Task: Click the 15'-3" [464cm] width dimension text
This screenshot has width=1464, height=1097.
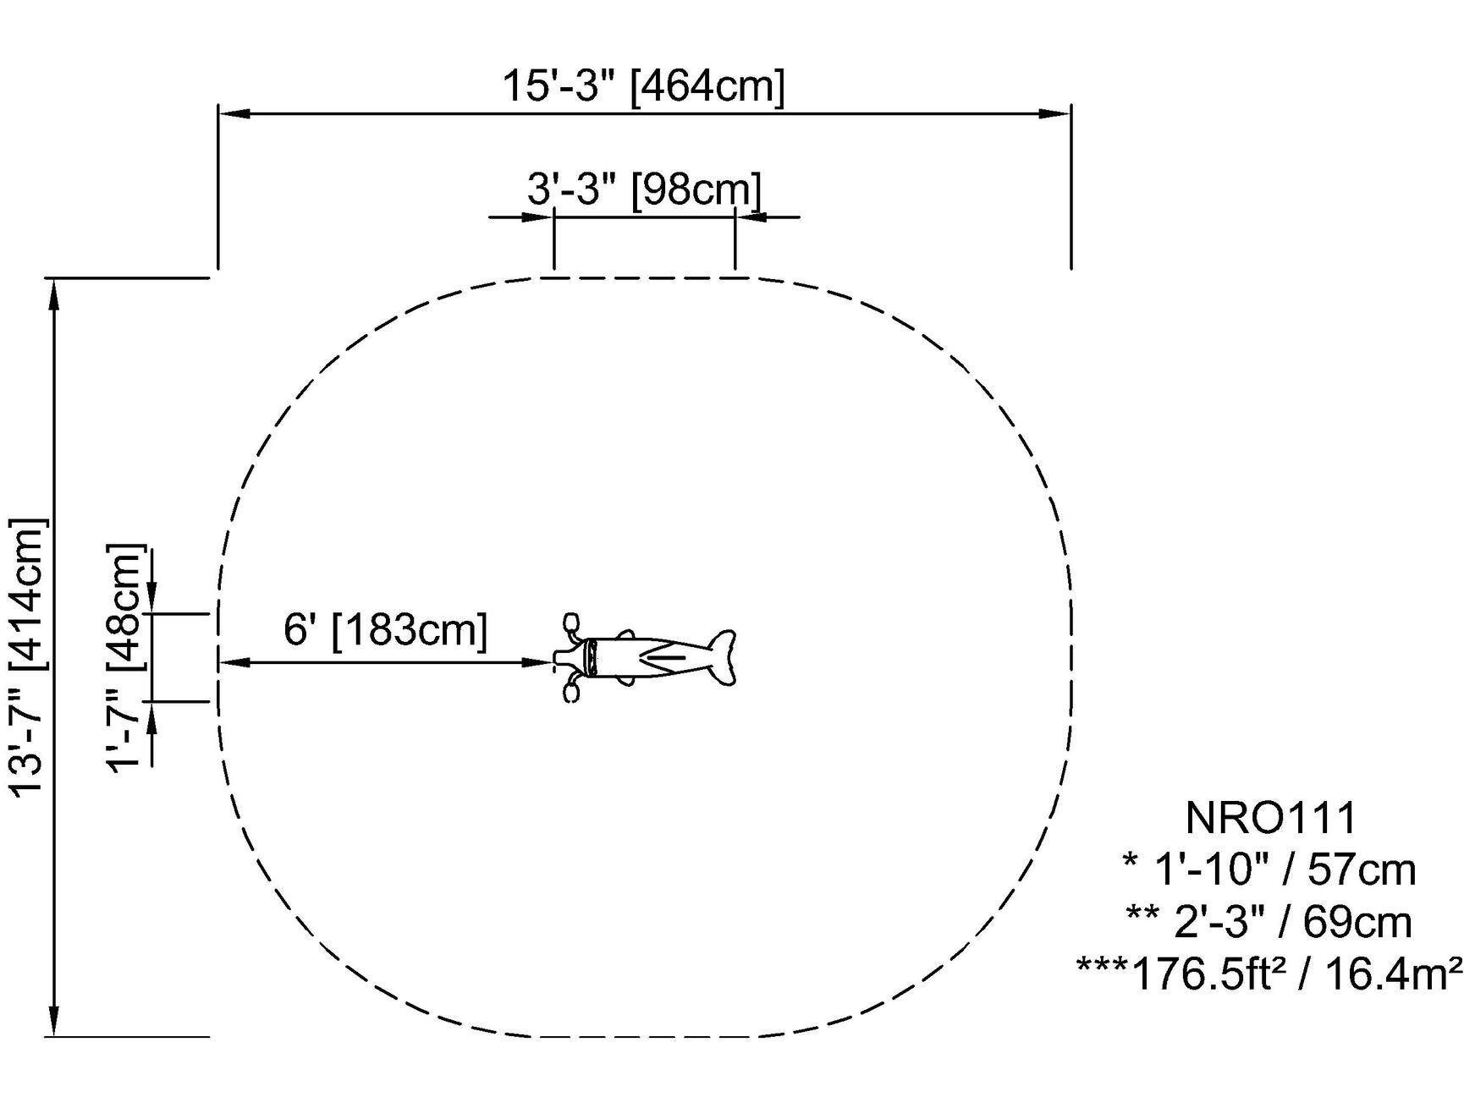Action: [644, 86]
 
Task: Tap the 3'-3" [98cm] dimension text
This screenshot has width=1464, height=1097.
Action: [644, 189]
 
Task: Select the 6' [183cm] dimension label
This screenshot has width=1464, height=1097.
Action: [385, 630]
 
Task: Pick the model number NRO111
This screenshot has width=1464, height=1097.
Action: [1271, 818]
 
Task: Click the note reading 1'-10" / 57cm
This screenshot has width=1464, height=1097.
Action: [1269, 869]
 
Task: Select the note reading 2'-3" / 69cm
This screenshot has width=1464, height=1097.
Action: [1269, 922]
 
